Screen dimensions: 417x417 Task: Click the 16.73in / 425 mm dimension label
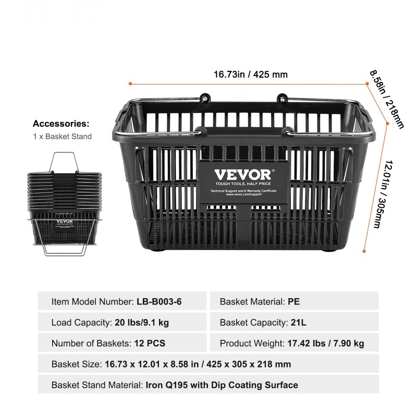(x=251, y=75)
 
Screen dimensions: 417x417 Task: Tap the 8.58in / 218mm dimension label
(x=386, y=99)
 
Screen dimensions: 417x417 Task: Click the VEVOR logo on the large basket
(x=243, y=175)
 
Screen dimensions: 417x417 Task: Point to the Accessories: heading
(x=61, y=124)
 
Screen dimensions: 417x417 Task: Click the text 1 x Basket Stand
(x=62, y=137)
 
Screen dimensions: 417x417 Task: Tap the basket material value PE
(x=294, y=301)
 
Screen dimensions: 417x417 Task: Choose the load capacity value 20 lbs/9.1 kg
(x=142, y=323)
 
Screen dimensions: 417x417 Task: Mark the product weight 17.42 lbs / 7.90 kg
(x=326, y=344)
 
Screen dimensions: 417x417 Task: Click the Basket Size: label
(x=77, y=364)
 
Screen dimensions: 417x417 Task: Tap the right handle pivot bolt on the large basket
(x=282, y=96)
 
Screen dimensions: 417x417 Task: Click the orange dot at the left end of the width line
(x=130, y=83)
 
